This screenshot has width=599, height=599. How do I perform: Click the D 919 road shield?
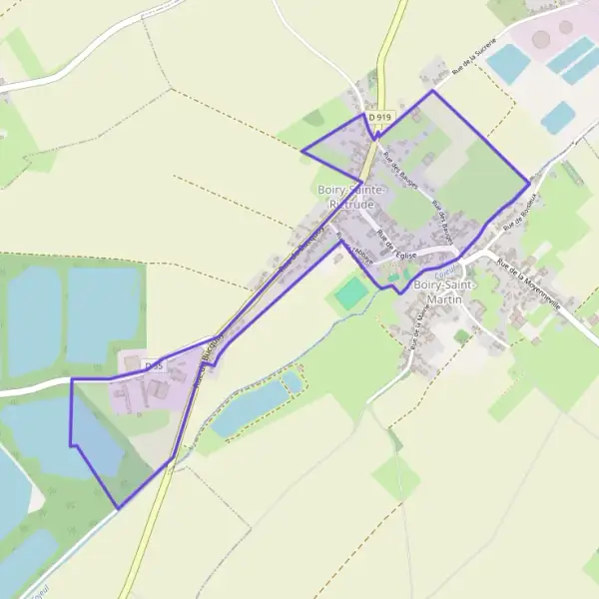[377, 117]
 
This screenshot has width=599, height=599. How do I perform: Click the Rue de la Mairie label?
[412, 329]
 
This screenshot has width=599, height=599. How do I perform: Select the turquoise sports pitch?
[350, 293]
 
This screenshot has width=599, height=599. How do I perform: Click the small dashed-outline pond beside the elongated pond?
[292, 381]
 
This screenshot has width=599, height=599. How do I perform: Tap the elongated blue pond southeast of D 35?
[250, 407]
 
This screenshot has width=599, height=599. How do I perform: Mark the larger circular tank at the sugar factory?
[542, 40]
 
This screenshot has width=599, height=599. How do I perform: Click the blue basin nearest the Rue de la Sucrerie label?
[509, 64]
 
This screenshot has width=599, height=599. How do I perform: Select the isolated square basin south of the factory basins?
[557, 117]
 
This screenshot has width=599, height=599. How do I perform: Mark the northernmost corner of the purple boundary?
[432, 91]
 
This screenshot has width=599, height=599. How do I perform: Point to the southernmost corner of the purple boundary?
[118, 509]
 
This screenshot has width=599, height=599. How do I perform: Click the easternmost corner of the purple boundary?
[529, 183]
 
